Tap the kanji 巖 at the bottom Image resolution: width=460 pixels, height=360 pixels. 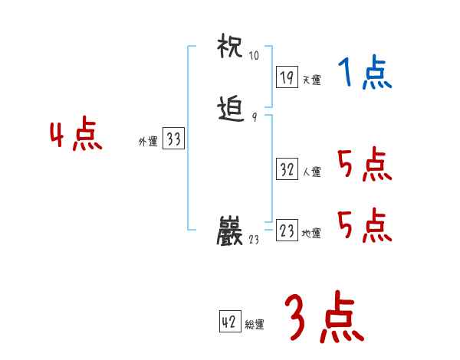click(x=232, y=231)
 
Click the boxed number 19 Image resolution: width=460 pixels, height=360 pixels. click(x=287, y=77)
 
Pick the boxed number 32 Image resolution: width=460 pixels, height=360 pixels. click(x=287, y=169)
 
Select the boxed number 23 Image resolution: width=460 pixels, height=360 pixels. click(x=287, y=231)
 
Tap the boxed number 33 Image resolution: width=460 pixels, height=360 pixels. click(x=173, y=139)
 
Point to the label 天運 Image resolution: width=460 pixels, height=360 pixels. click(x=311, y=80)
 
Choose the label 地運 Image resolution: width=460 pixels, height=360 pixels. click(x=311, y=234)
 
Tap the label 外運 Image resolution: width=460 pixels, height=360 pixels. click(x=148, y=142)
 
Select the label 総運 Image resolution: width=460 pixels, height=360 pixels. click(x=254, y=325)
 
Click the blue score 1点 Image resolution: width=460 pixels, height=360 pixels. click(x=364, y=74)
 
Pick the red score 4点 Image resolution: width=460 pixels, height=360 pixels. click(x=76, y=136)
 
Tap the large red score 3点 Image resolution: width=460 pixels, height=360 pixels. click(x=323, y=319)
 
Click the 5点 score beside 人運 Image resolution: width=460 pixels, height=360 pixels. click(x=364, y=164)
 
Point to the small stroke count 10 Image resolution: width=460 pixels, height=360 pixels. click(x=255, y=56)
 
